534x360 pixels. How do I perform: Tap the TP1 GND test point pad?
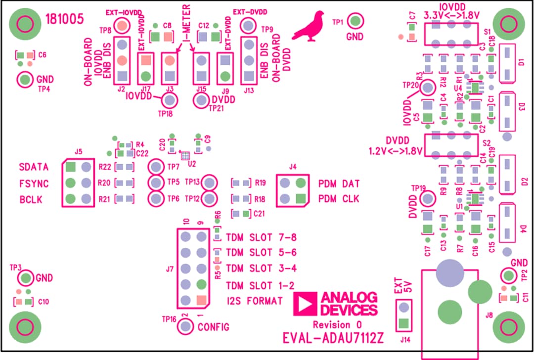pos(356,21)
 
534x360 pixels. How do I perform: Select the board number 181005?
pos(64,19)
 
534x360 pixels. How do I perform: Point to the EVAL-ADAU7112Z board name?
pos(333,338)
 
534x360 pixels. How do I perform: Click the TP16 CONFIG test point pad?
pos(185,326)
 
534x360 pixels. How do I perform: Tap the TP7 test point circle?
pos(157,167)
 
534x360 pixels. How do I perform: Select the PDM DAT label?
pos(339,183)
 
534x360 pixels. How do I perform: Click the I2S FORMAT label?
pos(255,301)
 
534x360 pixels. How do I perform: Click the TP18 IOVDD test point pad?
pos(170,100)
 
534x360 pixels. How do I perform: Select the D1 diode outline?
pos(507,63)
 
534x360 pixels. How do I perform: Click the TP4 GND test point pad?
pos(25,79)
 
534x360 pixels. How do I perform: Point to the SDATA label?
pos(34,167)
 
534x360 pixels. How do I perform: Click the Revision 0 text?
pos(337,325)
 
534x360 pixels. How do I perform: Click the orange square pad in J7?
pos(201,300)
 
